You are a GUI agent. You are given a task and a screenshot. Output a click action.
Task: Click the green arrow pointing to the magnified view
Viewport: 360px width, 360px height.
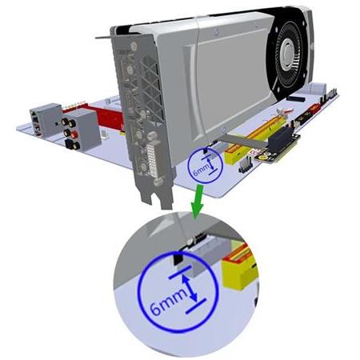tap(198, 202)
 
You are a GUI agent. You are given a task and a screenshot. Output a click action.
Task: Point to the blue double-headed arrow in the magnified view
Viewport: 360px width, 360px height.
tap(190, 289)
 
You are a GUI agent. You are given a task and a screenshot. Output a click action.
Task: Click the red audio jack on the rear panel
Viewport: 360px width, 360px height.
tap(74, 134)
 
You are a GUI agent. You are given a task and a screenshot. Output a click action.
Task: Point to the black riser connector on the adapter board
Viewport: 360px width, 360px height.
tap(282, 141)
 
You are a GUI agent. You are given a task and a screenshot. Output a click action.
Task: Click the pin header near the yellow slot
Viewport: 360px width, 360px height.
tap(246, 165)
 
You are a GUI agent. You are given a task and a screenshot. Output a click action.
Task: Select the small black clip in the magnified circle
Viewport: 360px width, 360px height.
tap(178, 258)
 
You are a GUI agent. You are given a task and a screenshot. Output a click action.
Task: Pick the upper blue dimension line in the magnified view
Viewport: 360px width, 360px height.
tap(180, 272)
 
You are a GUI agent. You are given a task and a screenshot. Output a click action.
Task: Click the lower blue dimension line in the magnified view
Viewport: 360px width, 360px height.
tap(196, 306)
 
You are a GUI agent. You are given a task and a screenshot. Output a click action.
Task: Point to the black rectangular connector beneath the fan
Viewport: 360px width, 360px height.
tap(296, 98)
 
